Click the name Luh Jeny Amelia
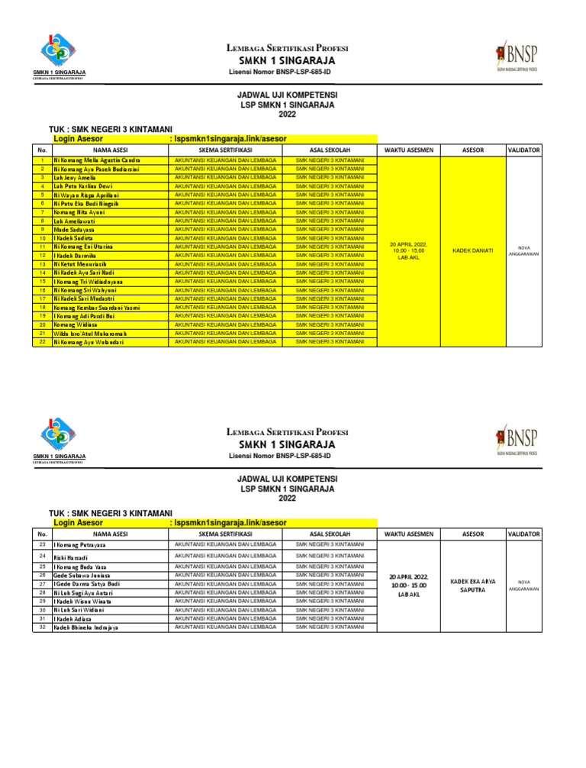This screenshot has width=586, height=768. (x=74, y=177)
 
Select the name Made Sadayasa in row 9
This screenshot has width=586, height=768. (x=74, y=229)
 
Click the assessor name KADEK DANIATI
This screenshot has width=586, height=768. (x=473, y=250)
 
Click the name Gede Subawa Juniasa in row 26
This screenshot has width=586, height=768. (x=85, y=576)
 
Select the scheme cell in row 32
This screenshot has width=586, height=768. (x=225, y=627)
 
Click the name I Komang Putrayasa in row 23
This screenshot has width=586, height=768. (x=79, y=544)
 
